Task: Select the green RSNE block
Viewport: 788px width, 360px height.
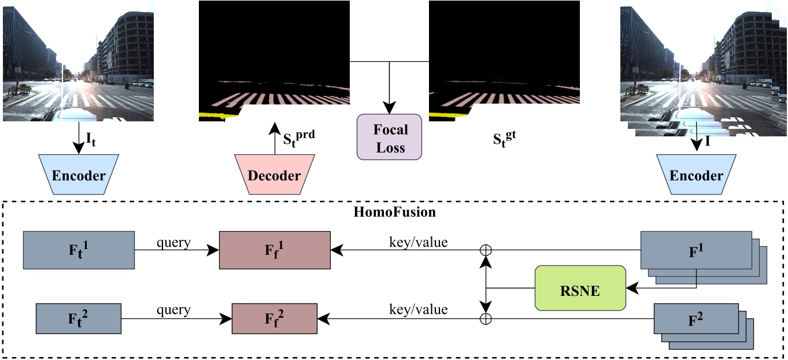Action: [x=580, y=291]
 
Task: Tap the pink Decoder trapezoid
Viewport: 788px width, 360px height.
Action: [x=274, y=175]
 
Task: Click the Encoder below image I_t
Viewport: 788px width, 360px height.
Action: [x=79, y=175]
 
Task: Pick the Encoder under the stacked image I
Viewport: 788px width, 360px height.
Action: [x=696, y=175]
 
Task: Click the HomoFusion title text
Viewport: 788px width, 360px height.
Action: [x=394, y=211]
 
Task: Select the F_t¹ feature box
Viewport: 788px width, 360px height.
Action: [x=79, y=250]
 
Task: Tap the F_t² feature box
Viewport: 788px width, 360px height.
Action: [x=79, y=318]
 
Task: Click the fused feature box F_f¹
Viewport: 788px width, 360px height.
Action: [x=275, y=250]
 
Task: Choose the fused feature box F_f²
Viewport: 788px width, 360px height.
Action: [x=275, y=318]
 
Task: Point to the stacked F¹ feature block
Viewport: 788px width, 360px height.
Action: [x=696, y=251]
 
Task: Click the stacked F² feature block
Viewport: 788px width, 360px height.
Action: [x=696, y=318]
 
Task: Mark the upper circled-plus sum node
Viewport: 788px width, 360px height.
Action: [x=487, y=250]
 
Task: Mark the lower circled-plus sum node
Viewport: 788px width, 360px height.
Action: [x=487, y=318]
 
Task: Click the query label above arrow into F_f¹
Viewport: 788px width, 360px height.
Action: [x=173, y=243]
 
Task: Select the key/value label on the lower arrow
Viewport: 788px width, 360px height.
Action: [x=418, y=310]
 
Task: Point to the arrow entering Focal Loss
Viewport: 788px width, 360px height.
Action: [x=390, y=87]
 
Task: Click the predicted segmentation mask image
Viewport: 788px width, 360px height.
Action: [x=274, y=61]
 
